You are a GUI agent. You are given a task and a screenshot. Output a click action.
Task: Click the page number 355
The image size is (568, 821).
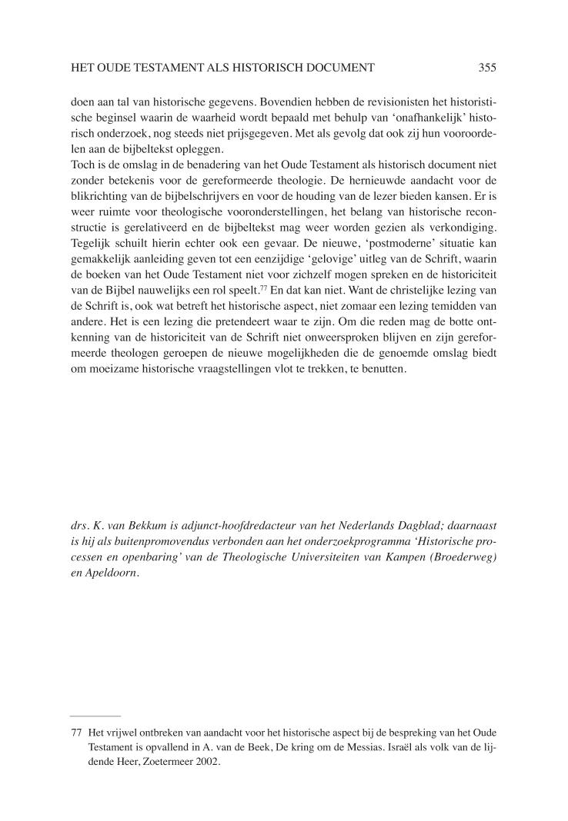coord(486,68)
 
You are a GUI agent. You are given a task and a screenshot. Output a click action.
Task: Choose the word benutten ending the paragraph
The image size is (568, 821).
coord(392,368)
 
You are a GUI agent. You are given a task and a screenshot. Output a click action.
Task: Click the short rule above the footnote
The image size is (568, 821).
coord(95,716)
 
